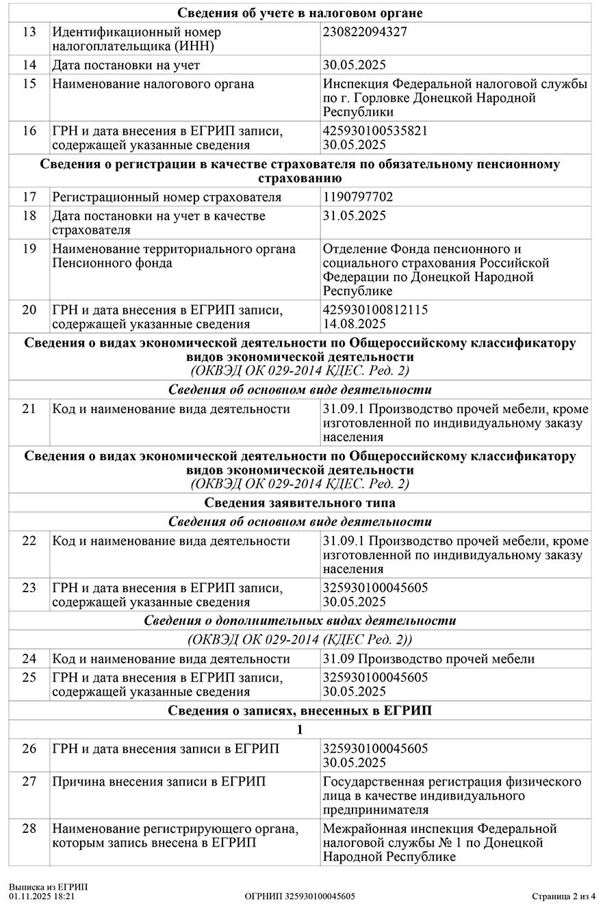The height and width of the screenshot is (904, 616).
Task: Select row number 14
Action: (29, 65)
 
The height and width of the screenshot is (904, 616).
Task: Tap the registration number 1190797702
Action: (358, 197)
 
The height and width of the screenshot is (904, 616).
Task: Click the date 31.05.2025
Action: (355, 216)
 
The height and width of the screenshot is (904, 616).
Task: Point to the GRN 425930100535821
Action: (375, 131)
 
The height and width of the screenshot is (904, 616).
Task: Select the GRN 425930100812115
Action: (375, 310)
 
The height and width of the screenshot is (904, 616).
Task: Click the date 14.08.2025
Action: (355, 324)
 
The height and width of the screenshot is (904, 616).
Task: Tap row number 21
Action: (29, 409)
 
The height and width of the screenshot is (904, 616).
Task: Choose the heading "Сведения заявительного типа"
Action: (300, 503)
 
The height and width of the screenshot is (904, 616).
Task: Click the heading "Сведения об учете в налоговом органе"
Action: (300, 13)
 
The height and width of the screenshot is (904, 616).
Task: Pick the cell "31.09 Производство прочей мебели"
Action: (428, 659)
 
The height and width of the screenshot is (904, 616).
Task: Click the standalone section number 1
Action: (300, 730)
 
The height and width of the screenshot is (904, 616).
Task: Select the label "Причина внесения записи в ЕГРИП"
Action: (159, 782)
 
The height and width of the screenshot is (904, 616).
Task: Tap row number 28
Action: (29, 829)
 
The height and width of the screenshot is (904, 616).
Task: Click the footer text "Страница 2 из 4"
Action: (564, 896)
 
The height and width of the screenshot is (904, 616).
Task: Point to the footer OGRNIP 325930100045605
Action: (300, 896)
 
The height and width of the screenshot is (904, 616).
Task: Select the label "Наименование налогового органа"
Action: (153, 84)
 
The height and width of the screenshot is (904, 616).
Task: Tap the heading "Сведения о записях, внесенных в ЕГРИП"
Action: (300, 710)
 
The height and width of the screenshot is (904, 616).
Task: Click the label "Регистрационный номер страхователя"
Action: (167, 197)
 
